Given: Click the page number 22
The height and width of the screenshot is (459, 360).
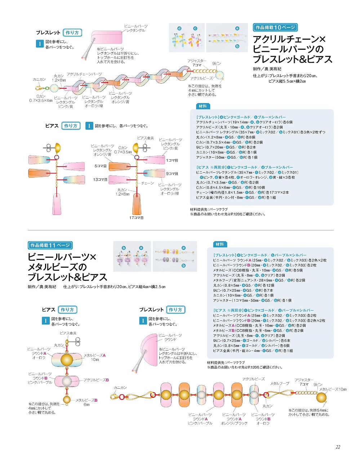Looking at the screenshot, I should (338, 447).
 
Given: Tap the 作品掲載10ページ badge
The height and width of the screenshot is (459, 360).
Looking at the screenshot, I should (275, 27).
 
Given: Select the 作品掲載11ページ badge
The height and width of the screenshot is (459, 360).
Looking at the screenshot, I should (50, 245).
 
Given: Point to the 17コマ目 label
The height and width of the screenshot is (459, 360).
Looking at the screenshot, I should (137, 218).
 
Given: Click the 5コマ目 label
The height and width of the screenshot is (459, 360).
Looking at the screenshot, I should (101, 166).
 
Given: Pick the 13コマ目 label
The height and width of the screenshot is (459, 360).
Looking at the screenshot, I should (100, 179).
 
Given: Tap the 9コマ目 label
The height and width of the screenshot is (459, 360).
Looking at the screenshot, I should (172, 174).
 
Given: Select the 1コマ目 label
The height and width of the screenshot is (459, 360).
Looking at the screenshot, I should (172, 160).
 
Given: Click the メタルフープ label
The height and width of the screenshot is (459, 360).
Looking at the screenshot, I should (280, 383).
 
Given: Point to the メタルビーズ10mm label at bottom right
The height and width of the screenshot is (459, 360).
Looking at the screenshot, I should (333, 389).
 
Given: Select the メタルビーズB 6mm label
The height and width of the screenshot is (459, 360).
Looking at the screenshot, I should (86, 402).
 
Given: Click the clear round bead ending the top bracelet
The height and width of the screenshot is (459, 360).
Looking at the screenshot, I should (219, 75).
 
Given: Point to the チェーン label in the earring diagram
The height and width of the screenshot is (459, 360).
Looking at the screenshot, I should (147, 183).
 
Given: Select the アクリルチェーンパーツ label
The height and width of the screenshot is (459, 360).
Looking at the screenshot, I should (84, 74).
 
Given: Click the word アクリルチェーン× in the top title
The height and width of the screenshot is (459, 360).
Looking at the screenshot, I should (289, 39).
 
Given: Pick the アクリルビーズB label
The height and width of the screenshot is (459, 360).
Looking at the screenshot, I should (96, 380).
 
